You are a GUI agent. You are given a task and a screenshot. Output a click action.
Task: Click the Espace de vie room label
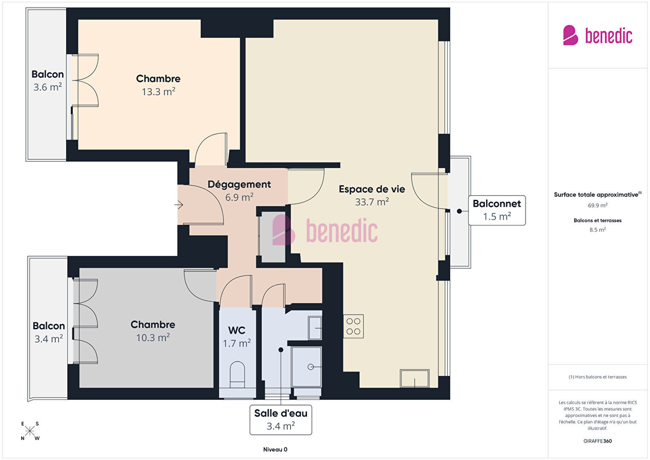click(x=372, y=189)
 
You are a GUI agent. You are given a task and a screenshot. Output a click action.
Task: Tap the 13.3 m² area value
click(x=158, y=92)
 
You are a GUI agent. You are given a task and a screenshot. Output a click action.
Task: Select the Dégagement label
click(x=239, y=185)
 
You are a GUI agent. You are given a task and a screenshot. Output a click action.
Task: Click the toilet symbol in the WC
click(x=237, y=375)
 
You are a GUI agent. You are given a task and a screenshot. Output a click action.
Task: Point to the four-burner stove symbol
click(x=354, y=326)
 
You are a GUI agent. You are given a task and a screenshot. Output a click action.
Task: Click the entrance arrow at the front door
click(x=179, y=205)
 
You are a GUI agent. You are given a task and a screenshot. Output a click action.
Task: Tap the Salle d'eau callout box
click(x=281, y=419)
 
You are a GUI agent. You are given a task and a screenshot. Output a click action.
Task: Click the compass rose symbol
click(x=29, y=431)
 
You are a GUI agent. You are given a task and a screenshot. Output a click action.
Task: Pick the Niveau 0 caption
click(x=275, y=449)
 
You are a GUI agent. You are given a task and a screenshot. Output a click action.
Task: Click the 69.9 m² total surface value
click(x=598, y=205)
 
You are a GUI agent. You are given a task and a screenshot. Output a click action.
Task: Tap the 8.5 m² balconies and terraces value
click(x=598, y=230)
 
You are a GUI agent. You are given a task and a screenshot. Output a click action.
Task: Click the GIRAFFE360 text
click(x=598, y=441)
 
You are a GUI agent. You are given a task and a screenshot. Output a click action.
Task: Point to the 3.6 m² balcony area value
click(x=48, y=87)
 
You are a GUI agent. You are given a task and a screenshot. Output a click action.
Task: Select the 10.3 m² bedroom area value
click(x=153, y=338)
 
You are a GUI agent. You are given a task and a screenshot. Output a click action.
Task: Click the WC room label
click(x=236, y=330)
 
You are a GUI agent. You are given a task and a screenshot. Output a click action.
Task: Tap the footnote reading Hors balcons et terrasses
click(x=598, y=377)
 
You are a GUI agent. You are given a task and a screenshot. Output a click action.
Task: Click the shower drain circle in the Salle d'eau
click(x=311, y=367)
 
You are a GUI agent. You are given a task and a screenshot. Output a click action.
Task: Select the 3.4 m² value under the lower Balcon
click(x=49, y=339)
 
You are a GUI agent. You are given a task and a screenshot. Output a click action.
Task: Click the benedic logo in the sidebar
click(x=598, y=35)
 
